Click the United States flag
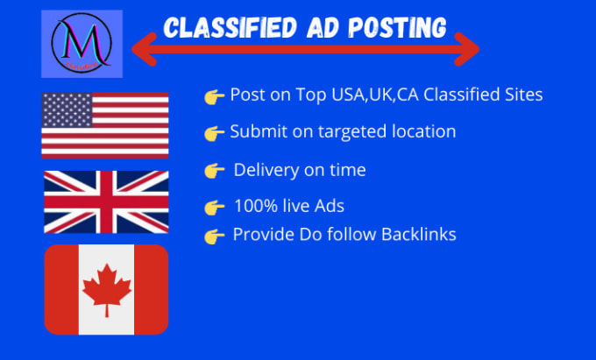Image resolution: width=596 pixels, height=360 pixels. coord(104,124)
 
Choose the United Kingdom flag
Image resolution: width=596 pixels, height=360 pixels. coord(105,202)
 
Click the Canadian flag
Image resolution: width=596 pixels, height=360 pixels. coord(106,289)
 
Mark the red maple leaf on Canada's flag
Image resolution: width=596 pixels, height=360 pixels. coord(106,289)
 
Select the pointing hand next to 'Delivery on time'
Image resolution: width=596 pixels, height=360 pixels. coord(213,170)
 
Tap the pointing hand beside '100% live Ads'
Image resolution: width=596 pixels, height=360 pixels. coord(213,208)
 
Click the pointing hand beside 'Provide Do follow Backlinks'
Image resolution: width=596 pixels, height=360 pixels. coord(213,236)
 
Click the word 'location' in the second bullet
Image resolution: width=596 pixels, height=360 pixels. coord(424,132)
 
